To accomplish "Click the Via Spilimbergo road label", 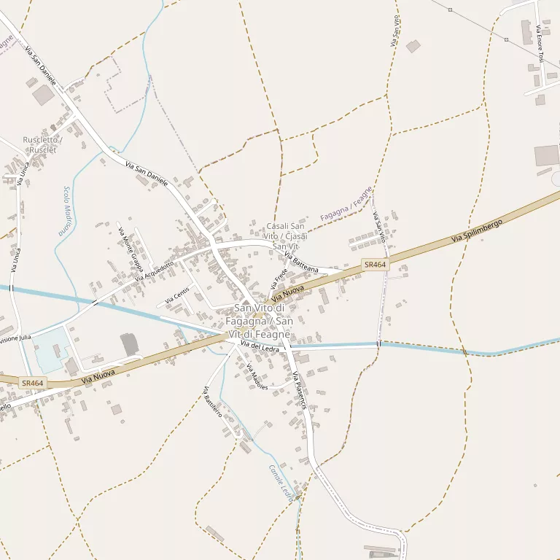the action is (478, 230).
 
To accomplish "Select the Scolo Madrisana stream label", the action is (66, 210).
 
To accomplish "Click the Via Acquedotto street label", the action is (154, 273).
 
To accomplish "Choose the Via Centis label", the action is (176, 295).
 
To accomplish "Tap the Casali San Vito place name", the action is (286, 236).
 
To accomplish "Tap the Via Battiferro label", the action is (212, 401).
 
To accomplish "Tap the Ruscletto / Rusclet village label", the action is (42, 144).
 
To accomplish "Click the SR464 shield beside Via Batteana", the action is (375, 265).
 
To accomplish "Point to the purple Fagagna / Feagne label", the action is (346, 204).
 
